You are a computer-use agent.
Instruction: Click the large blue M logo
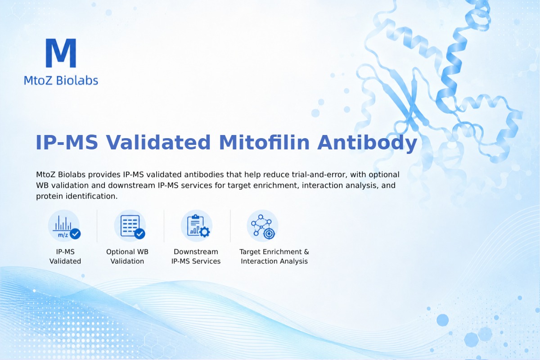(61, 53)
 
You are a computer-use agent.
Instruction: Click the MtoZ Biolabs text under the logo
(61, 80)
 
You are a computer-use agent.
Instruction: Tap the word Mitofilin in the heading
(264, 143)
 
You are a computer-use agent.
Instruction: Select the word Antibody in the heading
(367, 143)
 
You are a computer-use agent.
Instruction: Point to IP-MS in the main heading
(67, 143)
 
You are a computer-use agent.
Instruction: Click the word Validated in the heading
(158, 143)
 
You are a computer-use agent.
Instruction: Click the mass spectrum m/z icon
(64, 226)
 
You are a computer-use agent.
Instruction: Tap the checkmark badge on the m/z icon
(75, 234)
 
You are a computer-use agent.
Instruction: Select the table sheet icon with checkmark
(130, 226)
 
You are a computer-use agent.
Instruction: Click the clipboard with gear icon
(197, 226)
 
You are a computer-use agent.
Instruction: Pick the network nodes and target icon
(262, 226)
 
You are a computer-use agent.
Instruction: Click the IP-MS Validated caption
(65, 256)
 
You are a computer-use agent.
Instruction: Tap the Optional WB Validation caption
(127, 256)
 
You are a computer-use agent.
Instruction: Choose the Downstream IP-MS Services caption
(196, 256)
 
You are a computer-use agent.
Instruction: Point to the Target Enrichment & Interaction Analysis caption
(274, 256)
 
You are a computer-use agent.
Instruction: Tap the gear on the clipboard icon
(205, 232)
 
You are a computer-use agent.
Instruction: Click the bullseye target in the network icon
(269, 234)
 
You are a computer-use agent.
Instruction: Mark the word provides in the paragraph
(104, 175)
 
